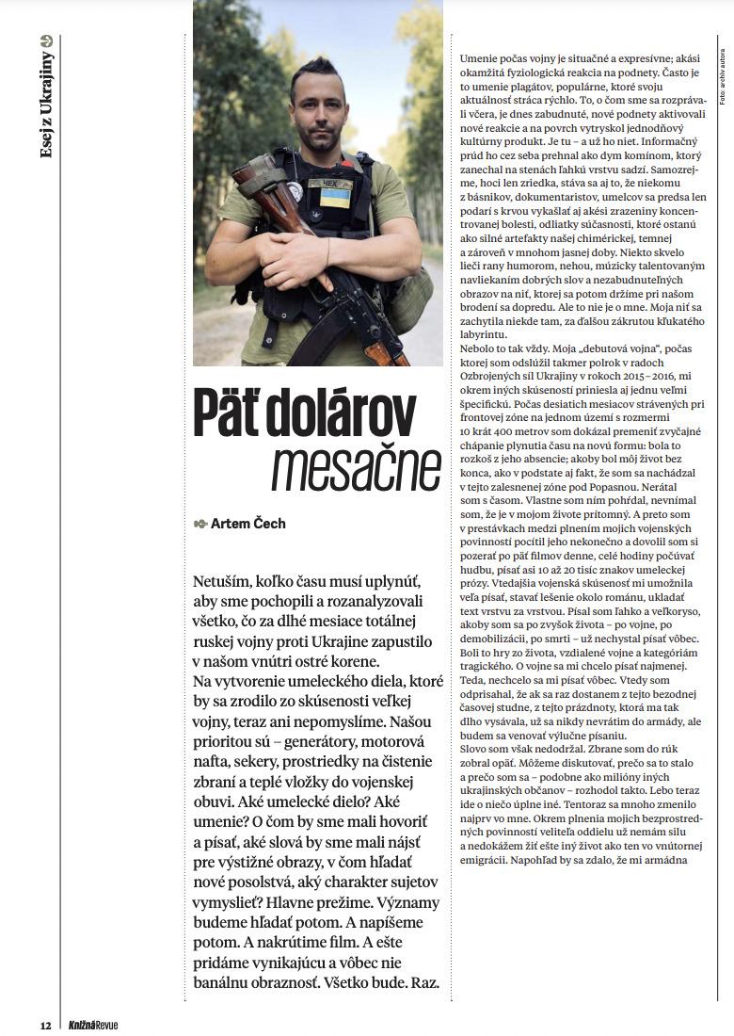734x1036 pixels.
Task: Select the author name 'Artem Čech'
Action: (x=248, y=524)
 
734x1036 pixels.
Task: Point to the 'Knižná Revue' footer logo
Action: (x=92, y=1025)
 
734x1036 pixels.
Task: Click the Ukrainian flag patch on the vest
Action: (x=334, y=197)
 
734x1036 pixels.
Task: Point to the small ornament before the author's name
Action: (x=199, y=524)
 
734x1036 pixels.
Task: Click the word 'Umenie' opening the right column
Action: (x=479, y=59)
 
